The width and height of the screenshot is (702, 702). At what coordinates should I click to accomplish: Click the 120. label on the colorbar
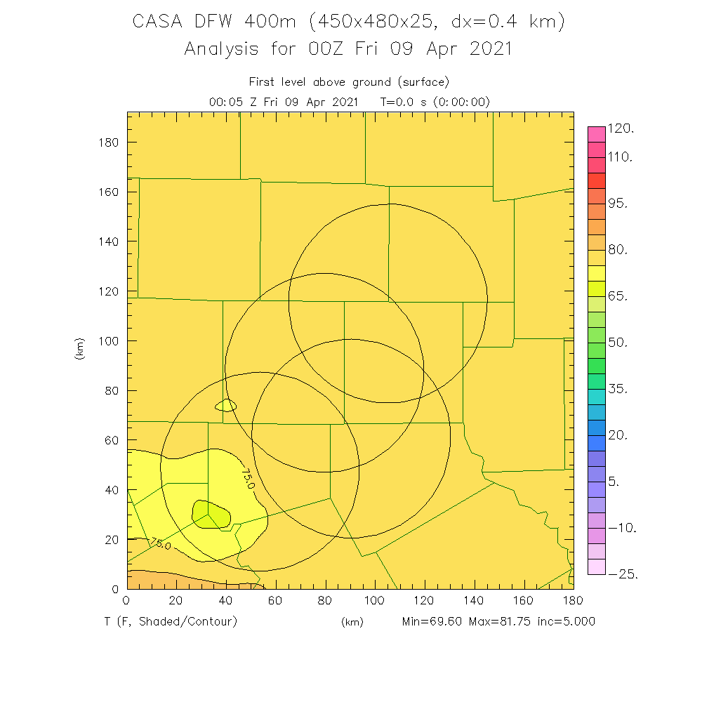click(621, 128)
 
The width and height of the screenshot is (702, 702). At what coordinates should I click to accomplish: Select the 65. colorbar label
click(618, 296)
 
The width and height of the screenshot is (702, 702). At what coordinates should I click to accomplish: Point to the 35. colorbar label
click(618, 389)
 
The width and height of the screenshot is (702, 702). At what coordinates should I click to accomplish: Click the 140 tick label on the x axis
click(475, 601)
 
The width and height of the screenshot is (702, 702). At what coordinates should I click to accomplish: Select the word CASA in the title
click(159, 22)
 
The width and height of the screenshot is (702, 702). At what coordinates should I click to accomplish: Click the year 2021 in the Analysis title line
click(486, 49)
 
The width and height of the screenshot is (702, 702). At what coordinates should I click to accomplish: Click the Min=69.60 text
click(432, 621)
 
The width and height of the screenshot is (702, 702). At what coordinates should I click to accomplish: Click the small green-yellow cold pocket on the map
click(211, 515)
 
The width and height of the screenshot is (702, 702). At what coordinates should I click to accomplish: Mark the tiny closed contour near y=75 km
click(226, 405)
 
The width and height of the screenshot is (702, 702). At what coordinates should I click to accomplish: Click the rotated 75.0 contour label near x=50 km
click(248, 480)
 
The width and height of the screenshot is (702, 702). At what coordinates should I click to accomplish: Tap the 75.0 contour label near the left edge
click(160, 544)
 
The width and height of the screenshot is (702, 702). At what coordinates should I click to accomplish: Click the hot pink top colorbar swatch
click(596, 133)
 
